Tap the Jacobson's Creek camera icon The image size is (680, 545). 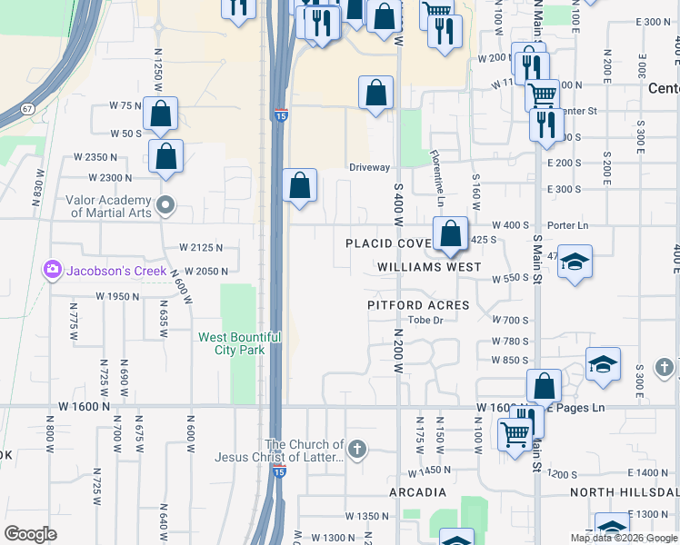pos(52,270)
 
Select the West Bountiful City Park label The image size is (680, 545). pos(239,343)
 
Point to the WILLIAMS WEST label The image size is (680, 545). pos(430,267)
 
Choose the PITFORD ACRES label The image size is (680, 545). pos(418,305)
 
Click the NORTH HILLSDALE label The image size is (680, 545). pos(624,492)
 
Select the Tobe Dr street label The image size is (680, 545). pos(425,320)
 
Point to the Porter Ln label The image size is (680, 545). pos(568,225)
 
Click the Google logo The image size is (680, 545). pos(30,534)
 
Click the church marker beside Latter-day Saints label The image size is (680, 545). pos(357,449)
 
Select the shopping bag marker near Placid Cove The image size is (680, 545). pos(450,235)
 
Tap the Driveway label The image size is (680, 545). pos(370,167)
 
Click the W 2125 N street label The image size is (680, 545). pos(201,247)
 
